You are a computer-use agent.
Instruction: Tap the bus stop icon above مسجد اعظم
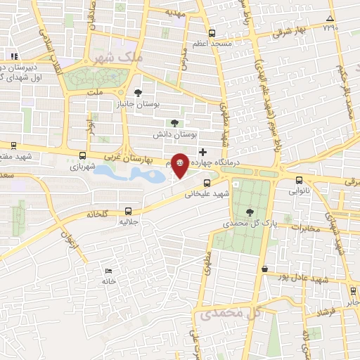[212, 32]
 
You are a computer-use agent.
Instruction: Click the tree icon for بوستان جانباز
[138, 92]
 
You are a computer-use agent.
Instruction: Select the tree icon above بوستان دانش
[174, 123]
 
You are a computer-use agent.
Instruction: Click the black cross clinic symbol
[203, 151]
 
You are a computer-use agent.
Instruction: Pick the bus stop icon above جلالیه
[128, 210]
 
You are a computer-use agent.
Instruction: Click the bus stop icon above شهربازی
[83, 156]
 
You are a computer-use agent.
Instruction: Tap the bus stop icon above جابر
[352, 291]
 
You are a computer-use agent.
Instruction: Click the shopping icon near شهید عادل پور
[264, 269]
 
